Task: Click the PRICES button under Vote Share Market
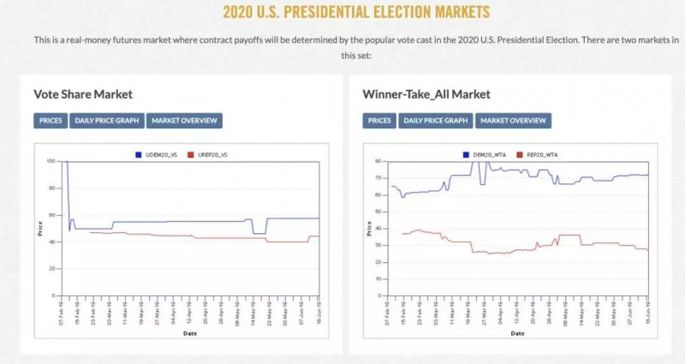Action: click(51, 121)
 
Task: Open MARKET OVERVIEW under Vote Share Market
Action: click(184, 121)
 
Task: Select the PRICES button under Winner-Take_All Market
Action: click(379, 121)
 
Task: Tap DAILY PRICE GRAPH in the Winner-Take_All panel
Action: click(436, 121)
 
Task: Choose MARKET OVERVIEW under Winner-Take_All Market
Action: click(513, 121)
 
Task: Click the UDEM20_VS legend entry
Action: click(158, 154)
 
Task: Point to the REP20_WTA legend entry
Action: click(542, 154)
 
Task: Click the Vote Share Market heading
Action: click(83, 94)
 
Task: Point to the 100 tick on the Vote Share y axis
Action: click(51, 161)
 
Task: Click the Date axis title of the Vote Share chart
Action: click(188, 333)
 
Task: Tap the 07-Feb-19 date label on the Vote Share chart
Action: click(62, 311)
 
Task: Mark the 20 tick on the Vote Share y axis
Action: click(52, 269)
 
